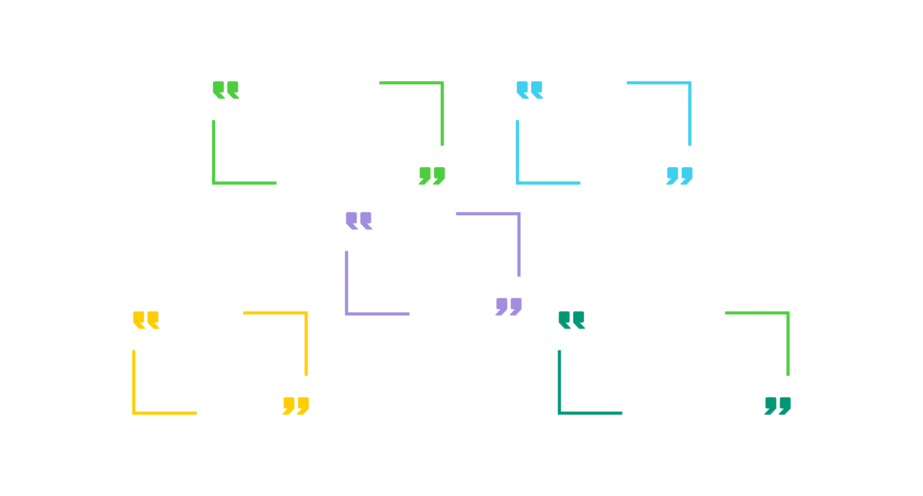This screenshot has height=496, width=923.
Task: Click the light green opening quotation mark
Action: click(225, 90)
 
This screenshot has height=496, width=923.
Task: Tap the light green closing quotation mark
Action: click(432, 175)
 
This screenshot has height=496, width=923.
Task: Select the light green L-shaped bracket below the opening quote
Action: click(214, 182)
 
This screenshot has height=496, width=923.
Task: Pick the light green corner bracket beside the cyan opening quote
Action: click(441, 84)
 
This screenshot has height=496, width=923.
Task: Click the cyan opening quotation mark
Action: click(530, 90)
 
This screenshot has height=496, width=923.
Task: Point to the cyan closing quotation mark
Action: click(679, 175)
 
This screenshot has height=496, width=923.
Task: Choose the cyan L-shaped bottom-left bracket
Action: click(518, 182)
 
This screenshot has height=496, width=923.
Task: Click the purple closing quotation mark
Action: click(509, 306)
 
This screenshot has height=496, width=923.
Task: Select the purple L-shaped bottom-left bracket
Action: click(347, 313)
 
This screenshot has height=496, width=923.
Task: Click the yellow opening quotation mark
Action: click(146, 320)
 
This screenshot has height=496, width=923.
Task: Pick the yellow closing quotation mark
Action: click(296, 405)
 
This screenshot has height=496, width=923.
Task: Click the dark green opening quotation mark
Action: click(571, 320)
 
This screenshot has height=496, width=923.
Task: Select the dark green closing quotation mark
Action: click(778, 405)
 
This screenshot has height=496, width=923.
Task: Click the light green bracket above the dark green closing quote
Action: click(787, 314)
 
